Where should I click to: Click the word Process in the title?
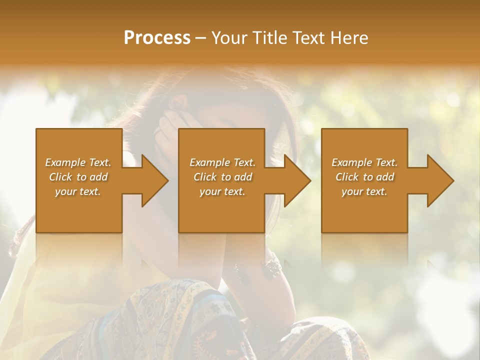click(x=157, y=38)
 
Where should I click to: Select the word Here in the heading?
click(x=348, y=38)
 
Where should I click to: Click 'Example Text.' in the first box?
click(x=78, y=162)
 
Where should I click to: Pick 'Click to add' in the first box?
click(x=78, y=177)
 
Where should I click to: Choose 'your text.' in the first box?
click(x=78, y=191)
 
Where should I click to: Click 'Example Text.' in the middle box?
click(x=222, y=162)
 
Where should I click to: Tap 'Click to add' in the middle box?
click(x=222, y=177)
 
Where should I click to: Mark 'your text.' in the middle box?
click(x=222, y=191)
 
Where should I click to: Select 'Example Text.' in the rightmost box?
click(x=364, y=162)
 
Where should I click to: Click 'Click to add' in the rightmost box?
click(x=364, y=177)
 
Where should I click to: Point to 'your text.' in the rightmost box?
click(x=364, y=191)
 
